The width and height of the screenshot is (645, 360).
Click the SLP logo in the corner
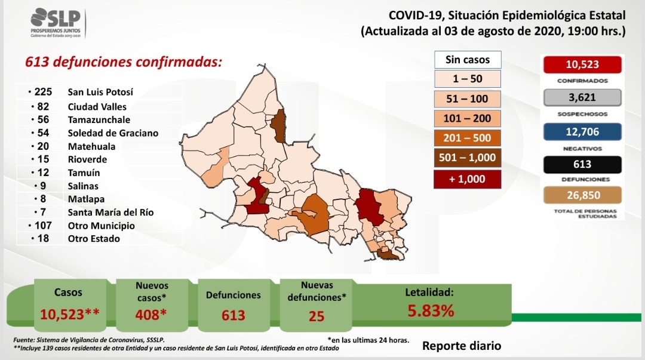pyautogui.click(x=57, y=23)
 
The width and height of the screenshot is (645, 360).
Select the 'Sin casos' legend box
pyautogui.click(x=468, y=60)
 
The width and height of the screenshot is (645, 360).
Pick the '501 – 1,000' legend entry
pyautogui.click(x=467, y=158)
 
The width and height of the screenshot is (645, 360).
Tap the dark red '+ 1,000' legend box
pyautogui.click(x=467, y=179)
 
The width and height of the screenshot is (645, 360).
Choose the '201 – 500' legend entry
pyautogui.click(x=467, y=138)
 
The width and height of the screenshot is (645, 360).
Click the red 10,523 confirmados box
pyautogui.click(x=582, y=64)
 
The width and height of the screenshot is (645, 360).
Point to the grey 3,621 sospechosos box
pyautogui.click(x=582, y=97)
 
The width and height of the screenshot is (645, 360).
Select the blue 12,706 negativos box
pyautogui.click(x=582, y=132)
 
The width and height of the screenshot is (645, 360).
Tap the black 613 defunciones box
pyautogui.click(x=582, y=164)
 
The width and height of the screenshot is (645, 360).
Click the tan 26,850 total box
pyautogui.click(x=582, y=195)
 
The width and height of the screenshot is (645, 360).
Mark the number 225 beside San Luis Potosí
pyautogui.click(x=43, y=92)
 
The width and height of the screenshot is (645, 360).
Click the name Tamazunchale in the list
pyautogui.click(x=99, y=120)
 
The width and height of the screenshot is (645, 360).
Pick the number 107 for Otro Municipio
pyautogui.click(x=43, y=226)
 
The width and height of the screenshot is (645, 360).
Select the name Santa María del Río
pyautogui.click(x=110, y=213)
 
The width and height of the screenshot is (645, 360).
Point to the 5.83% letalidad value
pyautogui.click(x=431, y=310)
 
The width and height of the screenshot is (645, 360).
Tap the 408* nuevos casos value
pyautogui.click(x=151, y=315)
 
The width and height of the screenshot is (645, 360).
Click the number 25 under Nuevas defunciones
pyautogui.click(x=317, y=316)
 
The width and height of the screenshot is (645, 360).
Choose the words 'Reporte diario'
pyautogui.click(x=462, y=346)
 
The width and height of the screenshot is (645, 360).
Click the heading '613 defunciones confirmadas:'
pyautogui.click(x=124, y=61)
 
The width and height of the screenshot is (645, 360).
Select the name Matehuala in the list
pyautogui.click(x=92, y=146)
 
